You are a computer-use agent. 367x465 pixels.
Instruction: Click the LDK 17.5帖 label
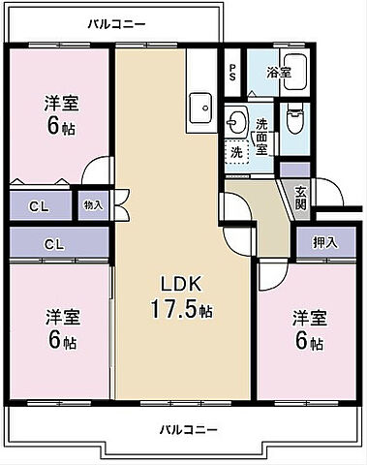tap(180, 296)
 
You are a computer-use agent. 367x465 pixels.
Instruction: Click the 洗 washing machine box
tap(236, 151)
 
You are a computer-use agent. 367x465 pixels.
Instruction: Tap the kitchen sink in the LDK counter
tap(200, 106)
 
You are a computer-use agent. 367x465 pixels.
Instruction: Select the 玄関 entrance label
tap(300, 197)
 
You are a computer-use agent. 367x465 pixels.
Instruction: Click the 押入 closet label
tap(325, 242)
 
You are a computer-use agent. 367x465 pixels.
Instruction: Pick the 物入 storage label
tap(93, 205)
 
